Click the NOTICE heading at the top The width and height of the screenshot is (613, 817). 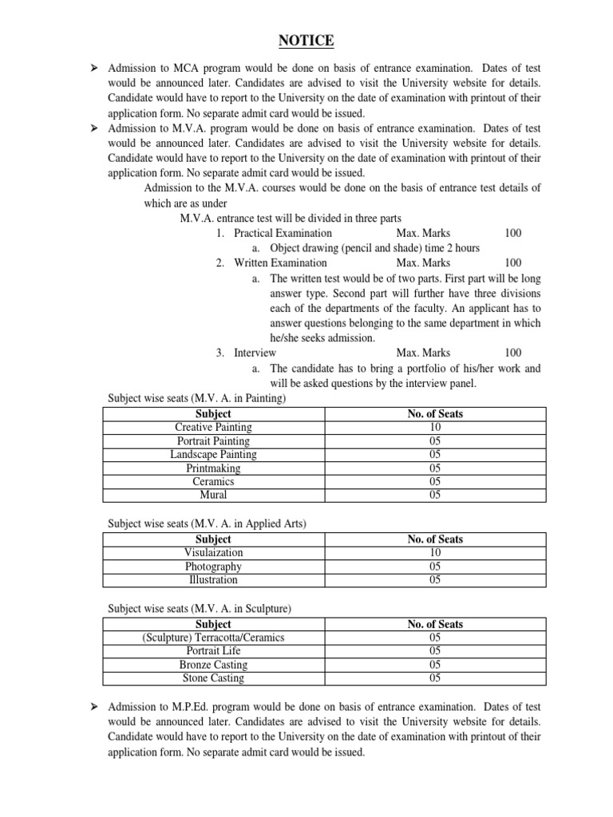click(306, 41)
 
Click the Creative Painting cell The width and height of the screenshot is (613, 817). click(213, 428)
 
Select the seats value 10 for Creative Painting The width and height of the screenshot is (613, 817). click(435, 428)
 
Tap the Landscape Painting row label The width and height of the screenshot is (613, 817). click(213, 455)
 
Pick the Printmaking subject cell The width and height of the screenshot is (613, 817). click(213, 468)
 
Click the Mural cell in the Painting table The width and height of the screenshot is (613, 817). click(213, 495)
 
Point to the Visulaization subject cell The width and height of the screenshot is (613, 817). click(213, 552)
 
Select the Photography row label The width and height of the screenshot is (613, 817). click(213, 566)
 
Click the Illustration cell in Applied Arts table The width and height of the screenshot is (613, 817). click(213, 580)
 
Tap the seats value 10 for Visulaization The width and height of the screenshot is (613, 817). click(435, 552)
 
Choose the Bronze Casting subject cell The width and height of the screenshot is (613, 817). click(213, 665)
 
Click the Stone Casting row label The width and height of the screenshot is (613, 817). click(213, 678)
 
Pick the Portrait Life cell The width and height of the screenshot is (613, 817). click(213, 651)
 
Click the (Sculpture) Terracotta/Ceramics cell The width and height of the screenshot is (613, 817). click(213, 637)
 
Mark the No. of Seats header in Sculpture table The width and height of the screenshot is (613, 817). click(435, 624)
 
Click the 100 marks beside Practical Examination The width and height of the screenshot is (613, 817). click(513, 233)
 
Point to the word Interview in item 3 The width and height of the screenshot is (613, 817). click(255, 353)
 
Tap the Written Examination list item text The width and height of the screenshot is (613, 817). click(280, 262)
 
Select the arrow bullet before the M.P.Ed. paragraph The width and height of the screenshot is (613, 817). click(93, 707)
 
